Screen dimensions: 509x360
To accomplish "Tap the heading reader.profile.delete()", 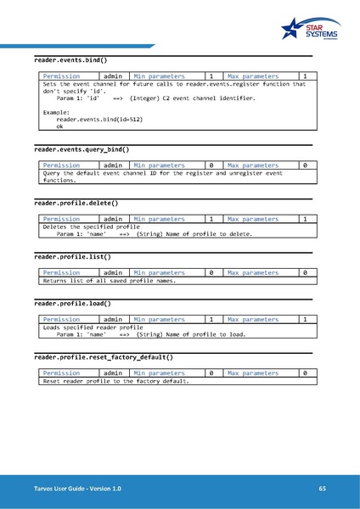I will click(76, 204).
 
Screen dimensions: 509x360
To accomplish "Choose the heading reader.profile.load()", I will click(72, 303).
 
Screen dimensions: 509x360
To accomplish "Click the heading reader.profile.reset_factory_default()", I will click(104, 357).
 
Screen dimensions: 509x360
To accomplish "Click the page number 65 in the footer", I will click(323, 489).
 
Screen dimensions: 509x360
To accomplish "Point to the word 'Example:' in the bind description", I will click(55, 112).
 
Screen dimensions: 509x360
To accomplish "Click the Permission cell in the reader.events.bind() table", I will click(61, 77).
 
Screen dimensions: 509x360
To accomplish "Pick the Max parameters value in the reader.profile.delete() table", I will click(304, 219).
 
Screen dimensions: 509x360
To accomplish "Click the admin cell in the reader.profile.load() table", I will click(113, 319).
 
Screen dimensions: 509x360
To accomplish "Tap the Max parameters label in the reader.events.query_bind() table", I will click(253, 165).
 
